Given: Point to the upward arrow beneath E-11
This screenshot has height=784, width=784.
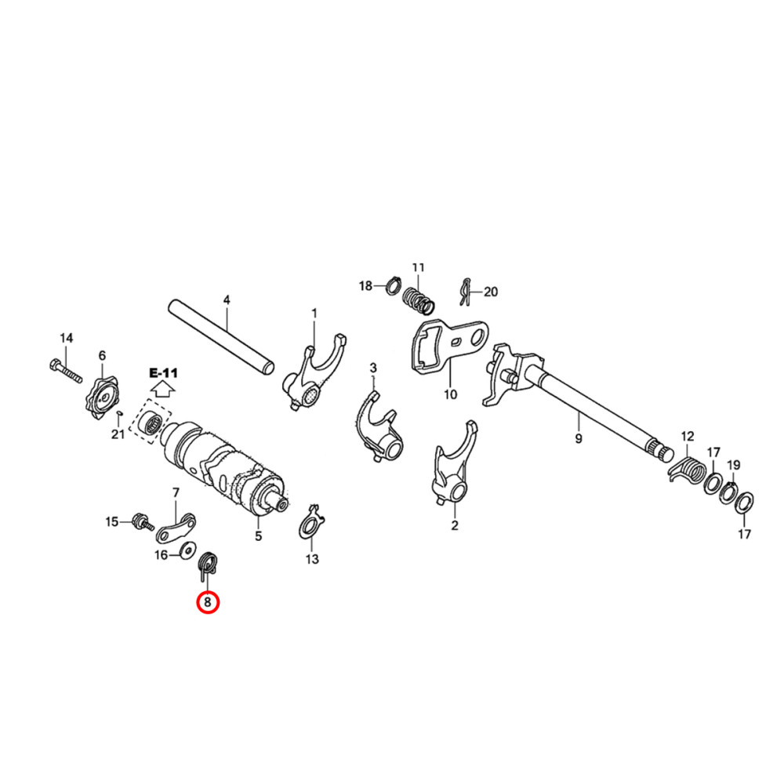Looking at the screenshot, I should (x=163, y=388).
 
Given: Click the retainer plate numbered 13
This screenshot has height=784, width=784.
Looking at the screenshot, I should (x=312, y=524).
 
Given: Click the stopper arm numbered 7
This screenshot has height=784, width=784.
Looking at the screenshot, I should (x=177, y=528).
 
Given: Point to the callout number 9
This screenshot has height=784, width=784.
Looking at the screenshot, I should (x=579, y=439).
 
